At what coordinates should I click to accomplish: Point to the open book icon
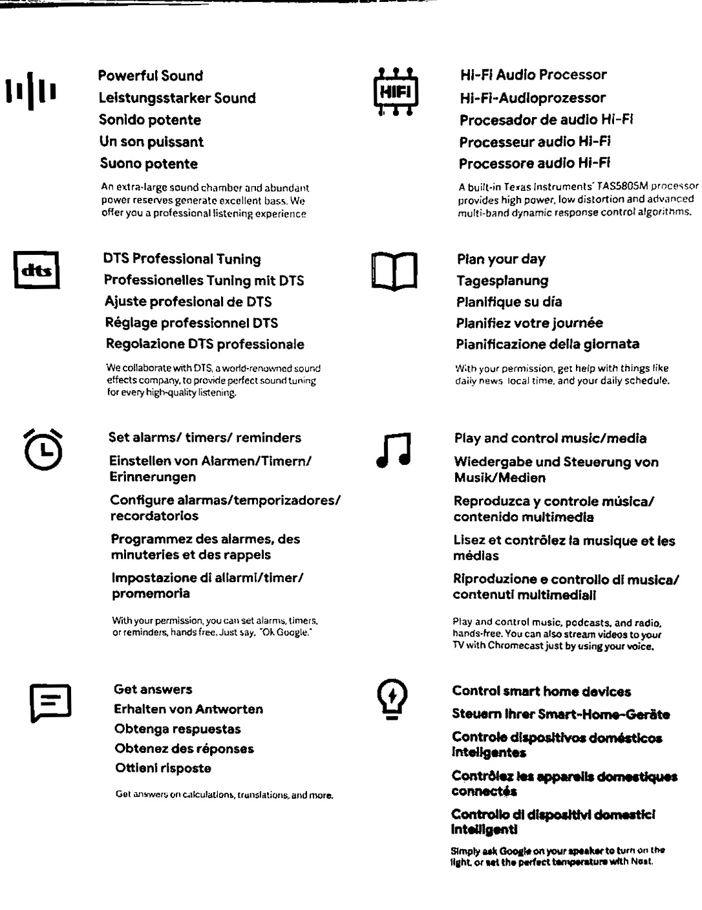(x=394, y=270)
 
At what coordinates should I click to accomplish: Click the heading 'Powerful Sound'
(x=151, y=76)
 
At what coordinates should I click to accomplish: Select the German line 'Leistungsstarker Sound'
(x=177, y=98)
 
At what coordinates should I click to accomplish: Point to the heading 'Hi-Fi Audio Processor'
(x=533, y=75)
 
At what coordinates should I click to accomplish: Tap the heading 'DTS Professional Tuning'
(x=182, y=259)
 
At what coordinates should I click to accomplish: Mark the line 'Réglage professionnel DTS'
(x=191, y=323)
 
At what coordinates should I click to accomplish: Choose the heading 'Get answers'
(x=153, y=689)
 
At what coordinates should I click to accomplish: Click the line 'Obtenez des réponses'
(x=184, y=749)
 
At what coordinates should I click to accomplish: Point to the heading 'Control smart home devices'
(x=542, y=691)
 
